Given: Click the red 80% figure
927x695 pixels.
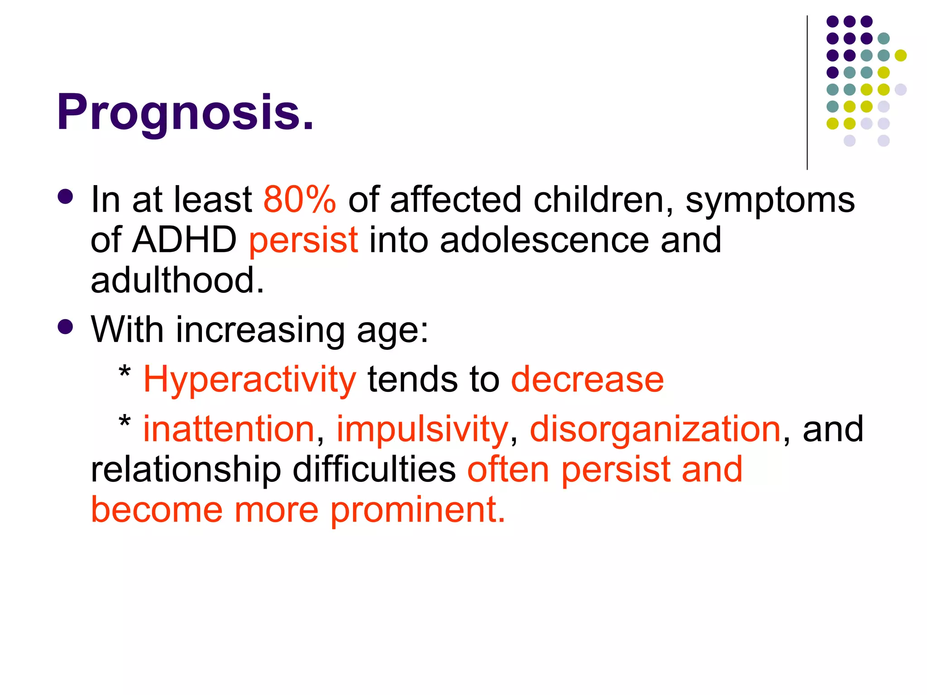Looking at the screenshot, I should point(300,199).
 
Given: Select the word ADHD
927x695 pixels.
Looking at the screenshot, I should point(184,239).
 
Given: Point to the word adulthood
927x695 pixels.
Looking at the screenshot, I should point(177,280).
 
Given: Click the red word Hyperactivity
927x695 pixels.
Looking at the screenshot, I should point(249,379).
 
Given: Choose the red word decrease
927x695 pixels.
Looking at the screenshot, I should point(587,379).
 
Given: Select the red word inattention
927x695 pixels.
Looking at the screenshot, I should point(229,428).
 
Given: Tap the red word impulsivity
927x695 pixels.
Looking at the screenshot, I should point(422,428).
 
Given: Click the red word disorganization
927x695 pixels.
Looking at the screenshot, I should point(655,428).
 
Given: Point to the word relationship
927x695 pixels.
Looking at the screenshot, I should point(186,469).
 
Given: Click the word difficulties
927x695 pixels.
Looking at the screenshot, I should point(374,469).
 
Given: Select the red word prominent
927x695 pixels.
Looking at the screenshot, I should point(417,510).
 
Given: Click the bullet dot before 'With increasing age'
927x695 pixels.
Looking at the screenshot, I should point(66,327).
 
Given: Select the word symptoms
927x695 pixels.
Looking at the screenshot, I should point(770,199).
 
